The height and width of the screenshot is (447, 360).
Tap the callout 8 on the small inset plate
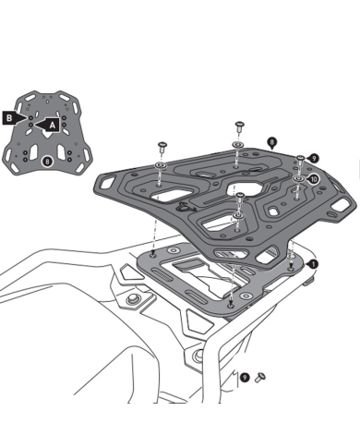46,163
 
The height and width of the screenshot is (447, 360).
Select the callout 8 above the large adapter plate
271,140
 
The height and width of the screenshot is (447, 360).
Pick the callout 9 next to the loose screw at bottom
244,377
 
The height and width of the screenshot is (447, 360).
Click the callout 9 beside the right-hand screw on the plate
313,159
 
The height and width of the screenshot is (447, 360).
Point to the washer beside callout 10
298,176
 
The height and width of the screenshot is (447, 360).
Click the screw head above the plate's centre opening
239,197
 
